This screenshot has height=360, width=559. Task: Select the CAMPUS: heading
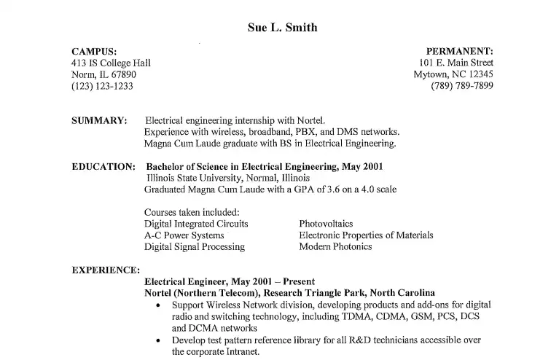click(x=94, y=51)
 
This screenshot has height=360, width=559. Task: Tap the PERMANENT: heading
click(x=459, y=51)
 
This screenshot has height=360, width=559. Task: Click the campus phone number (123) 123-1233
click(x=102, y=86)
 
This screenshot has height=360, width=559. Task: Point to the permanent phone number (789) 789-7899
click(x=462, y=86)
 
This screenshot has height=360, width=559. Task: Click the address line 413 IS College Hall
click(x=111, y=63)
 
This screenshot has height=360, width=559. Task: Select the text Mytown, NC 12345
click(x=453, y=74)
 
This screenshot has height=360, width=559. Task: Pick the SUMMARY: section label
click(x=100, y=120)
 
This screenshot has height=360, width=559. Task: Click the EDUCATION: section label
click(x=103, y=167)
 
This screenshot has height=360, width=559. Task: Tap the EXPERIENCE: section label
click(x=106, y=270)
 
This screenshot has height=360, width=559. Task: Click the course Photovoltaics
click(x=326, y=224)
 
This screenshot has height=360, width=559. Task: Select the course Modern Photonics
click(x=335, y=247)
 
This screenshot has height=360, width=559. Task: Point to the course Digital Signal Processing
click(x=195, y=247)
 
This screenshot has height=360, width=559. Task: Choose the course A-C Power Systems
click(x=184, y=235)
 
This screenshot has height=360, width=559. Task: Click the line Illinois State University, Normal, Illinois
click(x=228, y=178)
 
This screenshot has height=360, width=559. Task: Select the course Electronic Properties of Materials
click(x=366, y=235)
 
